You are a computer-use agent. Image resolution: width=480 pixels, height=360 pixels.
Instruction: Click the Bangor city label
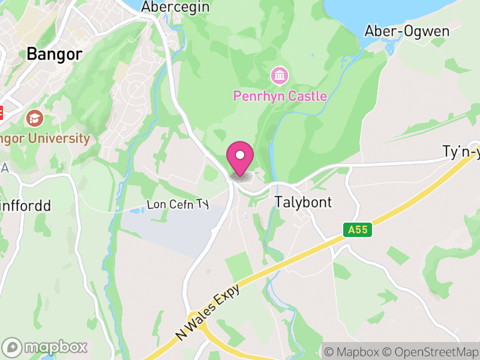pos(54,54)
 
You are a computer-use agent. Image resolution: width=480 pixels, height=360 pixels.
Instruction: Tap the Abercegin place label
pos(175,7)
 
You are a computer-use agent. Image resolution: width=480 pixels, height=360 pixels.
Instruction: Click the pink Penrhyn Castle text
pos(280,95)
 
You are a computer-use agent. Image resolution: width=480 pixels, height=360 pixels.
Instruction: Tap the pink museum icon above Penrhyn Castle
pos(279,76)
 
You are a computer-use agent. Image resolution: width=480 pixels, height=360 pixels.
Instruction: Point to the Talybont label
pos(303,202)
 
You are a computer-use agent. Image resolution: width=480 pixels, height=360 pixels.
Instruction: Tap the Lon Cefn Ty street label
pos(178,205)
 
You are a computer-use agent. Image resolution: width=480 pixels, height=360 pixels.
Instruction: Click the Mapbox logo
pos(45,347)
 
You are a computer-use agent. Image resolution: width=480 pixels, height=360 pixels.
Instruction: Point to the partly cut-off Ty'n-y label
pos(461,153)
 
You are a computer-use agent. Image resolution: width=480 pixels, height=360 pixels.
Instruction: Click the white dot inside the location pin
pos(240,155)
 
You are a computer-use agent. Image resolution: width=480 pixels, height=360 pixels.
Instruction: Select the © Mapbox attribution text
pos(350,351)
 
